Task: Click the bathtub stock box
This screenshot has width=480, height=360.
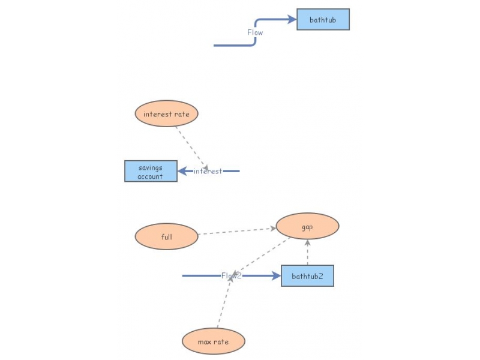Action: (323, 20)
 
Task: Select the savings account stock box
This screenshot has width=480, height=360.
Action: (151, 171)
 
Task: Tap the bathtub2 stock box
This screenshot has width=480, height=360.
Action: (307, 276)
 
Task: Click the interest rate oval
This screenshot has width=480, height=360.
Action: (167, 113)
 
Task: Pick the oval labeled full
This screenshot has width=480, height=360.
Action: (167, 236)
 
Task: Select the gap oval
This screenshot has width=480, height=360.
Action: (307, 226)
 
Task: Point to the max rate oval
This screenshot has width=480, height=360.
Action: (214, 341)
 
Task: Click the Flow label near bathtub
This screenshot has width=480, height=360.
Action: (255, 32)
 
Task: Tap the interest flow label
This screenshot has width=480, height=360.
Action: (208, 171)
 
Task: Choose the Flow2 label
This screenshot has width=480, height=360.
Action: (232, 276)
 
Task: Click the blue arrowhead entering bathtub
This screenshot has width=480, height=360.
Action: (292, 20)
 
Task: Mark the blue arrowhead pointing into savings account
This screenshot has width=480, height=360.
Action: (183, 171)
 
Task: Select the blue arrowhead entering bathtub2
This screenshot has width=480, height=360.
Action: (276, 276)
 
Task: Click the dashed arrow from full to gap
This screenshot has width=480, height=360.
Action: (237, 231)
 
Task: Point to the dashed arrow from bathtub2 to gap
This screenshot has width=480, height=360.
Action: (308, 252)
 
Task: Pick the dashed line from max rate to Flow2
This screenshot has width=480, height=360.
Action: (224, 304)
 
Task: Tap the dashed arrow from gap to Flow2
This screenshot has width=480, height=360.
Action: (261, 256)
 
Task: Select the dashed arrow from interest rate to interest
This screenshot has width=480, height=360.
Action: (192, 148)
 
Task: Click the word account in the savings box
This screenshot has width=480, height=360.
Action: (150, 176)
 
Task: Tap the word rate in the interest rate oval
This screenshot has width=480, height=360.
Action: (182, 114)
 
